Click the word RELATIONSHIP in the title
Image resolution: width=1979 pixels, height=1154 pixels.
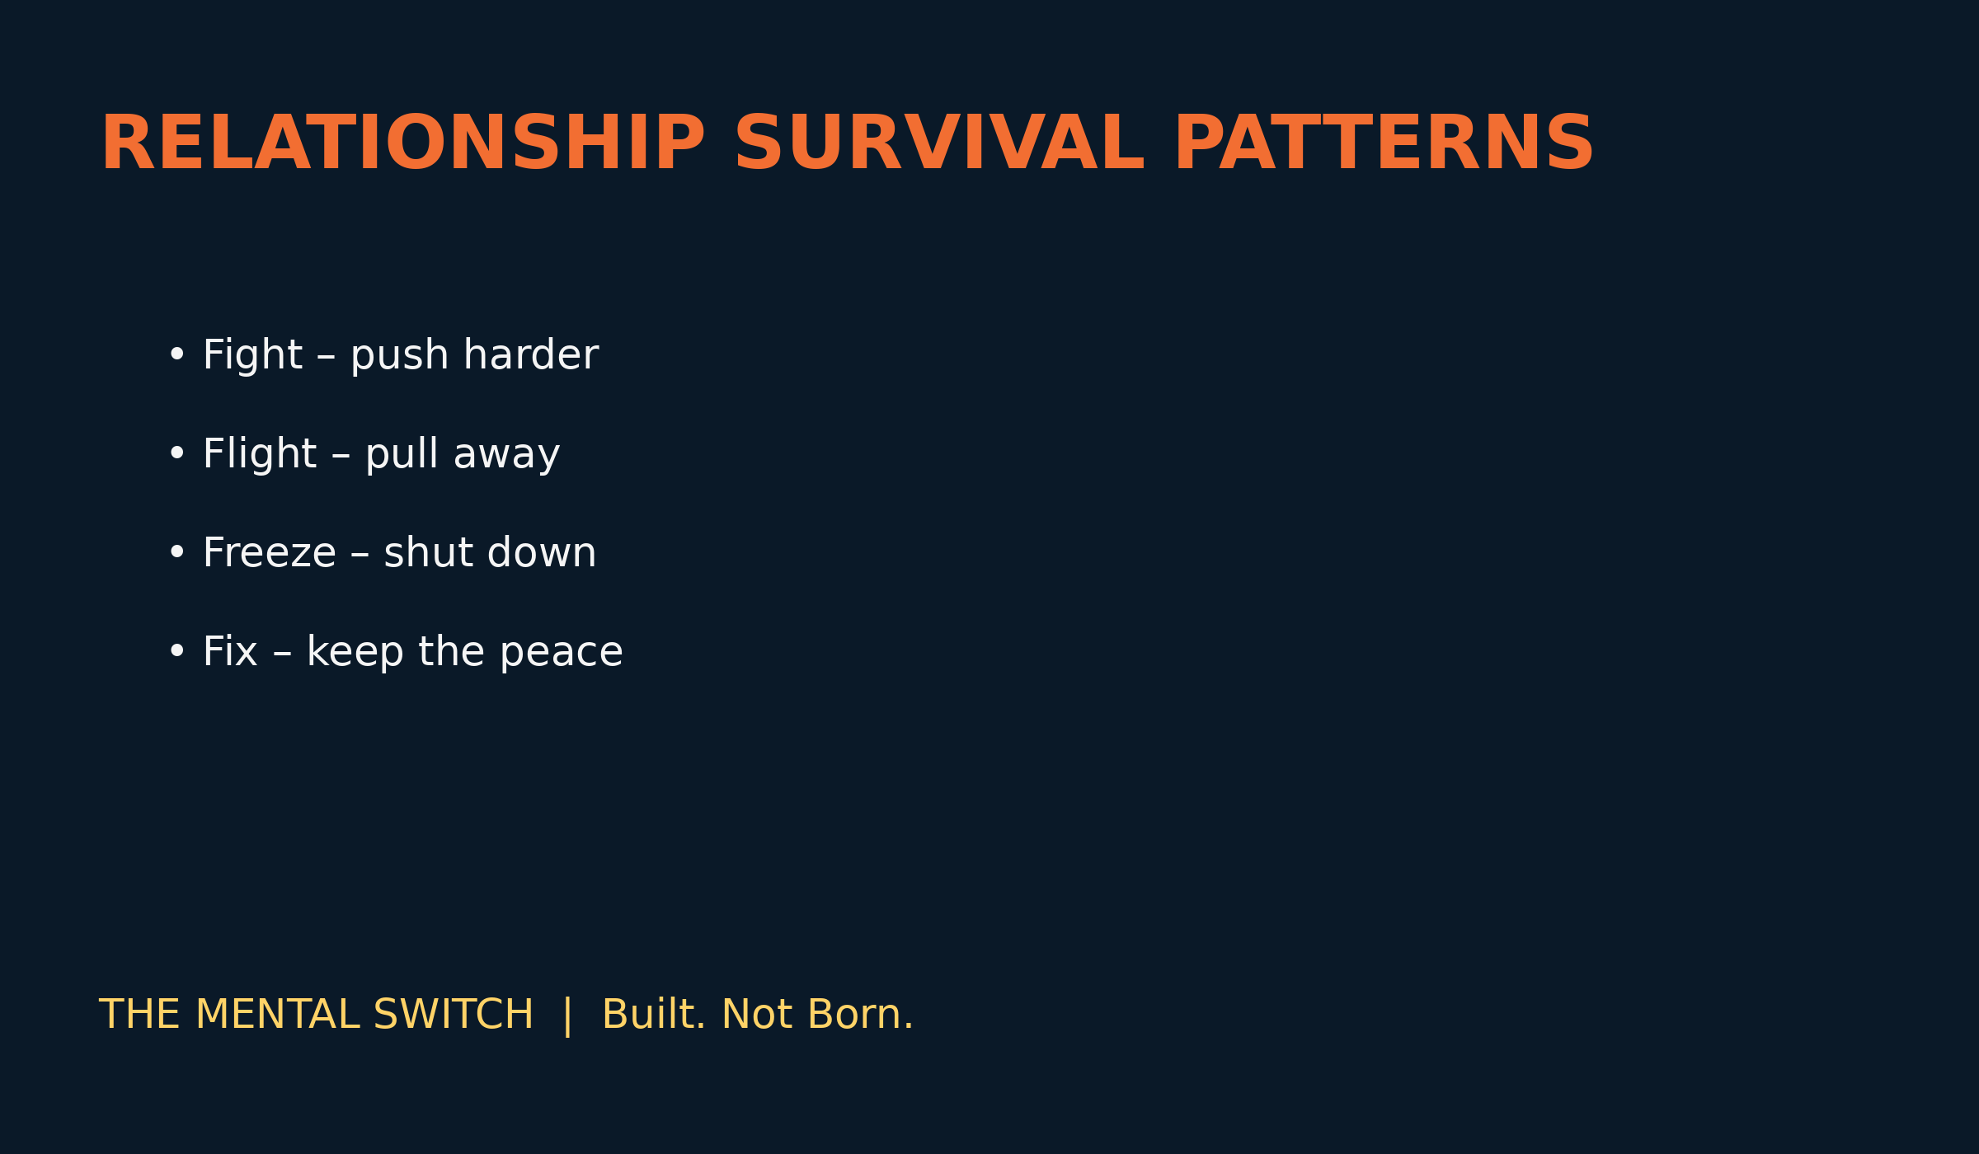[x=403, y=143]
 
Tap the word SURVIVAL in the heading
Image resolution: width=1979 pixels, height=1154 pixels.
[x=939, y=143]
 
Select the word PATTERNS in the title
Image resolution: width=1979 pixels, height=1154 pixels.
[x=1384, y=143]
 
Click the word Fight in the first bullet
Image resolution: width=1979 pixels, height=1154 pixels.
[x=253, y=355]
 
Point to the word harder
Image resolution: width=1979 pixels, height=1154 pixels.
[x=531, y=355]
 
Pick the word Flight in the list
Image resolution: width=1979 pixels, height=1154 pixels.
[x=260, y=454]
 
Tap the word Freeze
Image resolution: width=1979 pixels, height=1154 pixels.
[x=270, y=553]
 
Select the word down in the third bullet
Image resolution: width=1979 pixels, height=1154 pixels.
[x=542, y=553]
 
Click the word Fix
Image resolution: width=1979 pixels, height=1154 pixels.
[x=230, y=652]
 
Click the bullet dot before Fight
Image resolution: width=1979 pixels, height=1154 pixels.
[x=176, y=355]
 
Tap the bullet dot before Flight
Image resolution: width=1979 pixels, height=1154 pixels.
[x=176, y=454]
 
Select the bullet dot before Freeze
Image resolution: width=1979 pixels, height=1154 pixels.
[x=176, y=553]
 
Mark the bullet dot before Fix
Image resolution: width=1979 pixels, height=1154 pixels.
[x=176, y=652]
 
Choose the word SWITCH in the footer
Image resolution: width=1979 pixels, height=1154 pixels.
[x=454, y=1015]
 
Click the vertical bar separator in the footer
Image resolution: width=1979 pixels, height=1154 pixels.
[x=567, y=1016]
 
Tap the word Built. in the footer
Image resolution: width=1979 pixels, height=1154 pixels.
[x=655, y=1015]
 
